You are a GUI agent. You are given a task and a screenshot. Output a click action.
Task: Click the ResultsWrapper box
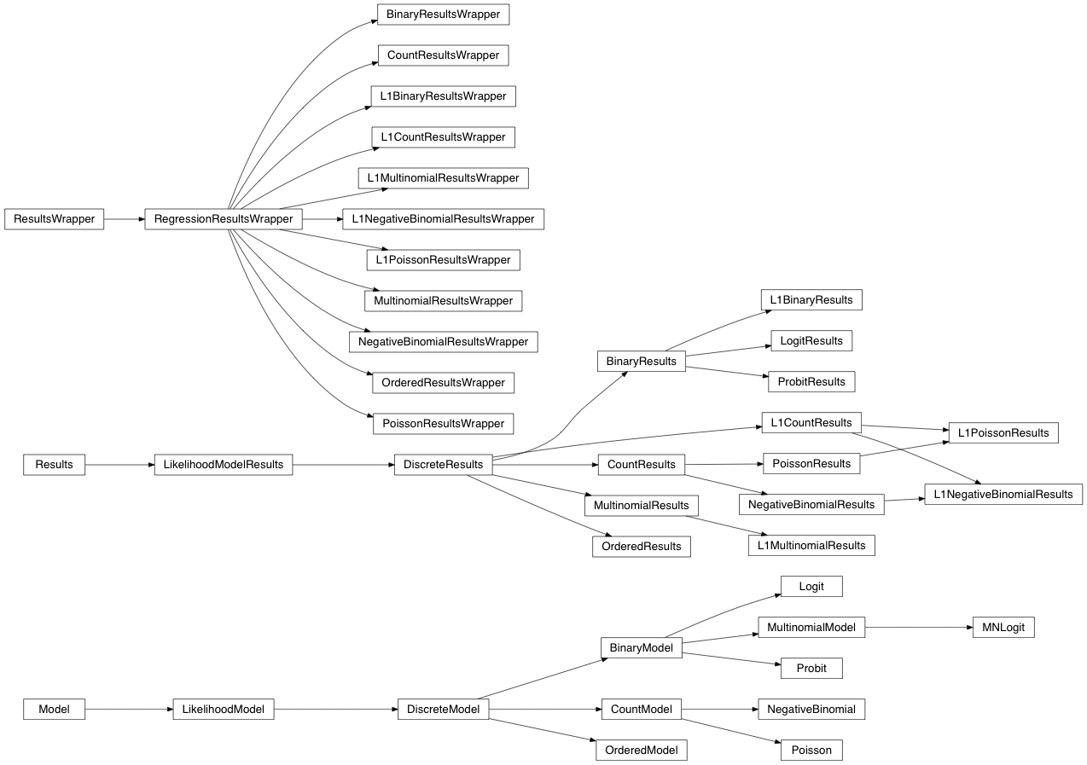pyautogui.click(x=54, y=219)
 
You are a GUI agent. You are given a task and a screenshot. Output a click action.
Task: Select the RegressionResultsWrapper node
pyautogui.click(x=223, y=219)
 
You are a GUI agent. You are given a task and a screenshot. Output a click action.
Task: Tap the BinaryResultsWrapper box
pyautogui.click(x=443, y=14)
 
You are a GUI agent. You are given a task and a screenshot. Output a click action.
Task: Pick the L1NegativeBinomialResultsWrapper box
pyautogui.click(x=443, y=219)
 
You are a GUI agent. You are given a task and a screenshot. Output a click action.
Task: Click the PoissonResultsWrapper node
pyautogui.click(x=443, y=423)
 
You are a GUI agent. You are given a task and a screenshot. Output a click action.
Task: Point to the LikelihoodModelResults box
pyautogui.click(x=223, y=464)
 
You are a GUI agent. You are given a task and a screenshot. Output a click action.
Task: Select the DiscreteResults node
pyautogui.click(x=443, y=465)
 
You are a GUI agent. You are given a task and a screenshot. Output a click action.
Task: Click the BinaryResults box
pyautogui.click(x=641, y=362)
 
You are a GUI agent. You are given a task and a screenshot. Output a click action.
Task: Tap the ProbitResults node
pyautogui.click(x=811, y=381)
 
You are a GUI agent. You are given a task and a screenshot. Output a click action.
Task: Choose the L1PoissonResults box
pyautogui.click(x=1003, y=432)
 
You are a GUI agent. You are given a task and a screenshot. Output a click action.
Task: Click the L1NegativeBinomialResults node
pyautogui.click(x=1003, y=494)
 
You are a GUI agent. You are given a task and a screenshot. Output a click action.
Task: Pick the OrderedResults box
pyautogui.click(x=641, y=546)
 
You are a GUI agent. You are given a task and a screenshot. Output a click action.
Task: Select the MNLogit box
pyautogui.click(x=1003, y=628)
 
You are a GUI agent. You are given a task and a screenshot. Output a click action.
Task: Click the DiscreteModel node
pyautogui.click(x=443, y=709)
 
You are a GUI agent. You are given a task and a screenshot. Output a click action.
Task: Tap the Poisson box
pyautogui.click(x=811, y=750)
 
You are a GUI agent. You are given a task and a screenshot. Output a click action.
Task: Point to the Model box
pyautogui.click(x=54, y=709)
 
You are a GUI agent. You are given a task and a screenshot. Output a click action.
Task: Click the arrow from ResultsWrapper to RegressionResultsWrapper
pyautogui.click(x=125, y=219)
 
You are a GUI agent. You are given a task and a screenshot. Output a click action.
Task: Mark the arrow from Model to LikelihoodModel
pyautogui.click(x=128, y=709)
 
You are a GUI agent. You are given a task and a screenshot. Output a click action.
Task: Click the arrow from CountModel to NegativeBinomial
pyautogui.click(x=719, y=709)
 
